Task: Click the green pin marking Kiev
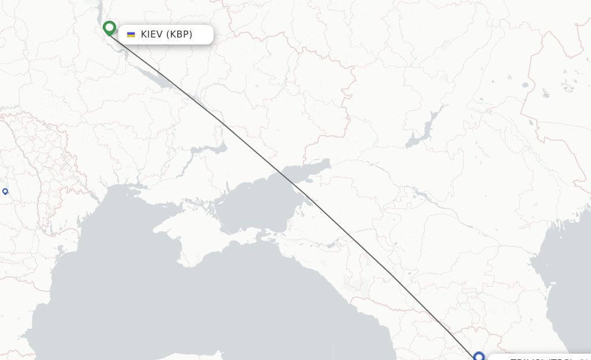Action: [x=109, y=28]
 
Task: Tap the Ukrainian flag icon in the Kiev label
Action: [x=131, y=35]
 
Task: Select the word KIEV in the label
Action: [x=152, y=35]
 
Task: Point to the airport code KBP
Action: [x=179, y=35]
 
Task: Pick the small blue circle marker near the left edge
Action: [x=5, y=192]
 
